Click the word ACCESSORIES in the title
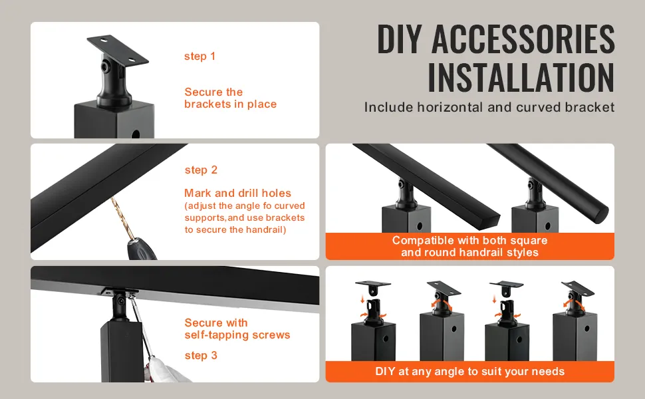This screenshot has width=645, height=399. click(523, 39)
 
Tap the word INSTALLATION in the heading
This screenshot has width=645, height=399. click(521, 77)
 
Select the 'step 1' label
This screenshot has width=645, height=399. click(200, 57)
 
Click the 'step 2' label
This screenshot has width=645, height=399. click(201, 170)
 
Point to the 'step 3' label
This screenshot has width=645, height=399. click(201, 355)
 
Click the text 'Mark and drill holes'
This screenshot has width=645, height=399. click(238, 193)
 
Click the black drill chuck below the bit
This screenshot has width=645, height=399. click(141, 249)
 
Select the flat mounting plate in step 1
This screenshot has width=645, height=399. click(118, 49)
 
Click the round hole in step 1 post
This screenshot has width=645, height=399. click(136, 134)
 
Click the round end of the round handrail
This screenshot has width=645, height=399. click(602, 214)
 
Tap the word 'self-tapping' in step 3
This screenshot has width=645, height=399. click(217, 335)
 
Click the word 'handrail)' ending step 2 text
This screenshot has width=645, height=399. click(265, 229)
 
